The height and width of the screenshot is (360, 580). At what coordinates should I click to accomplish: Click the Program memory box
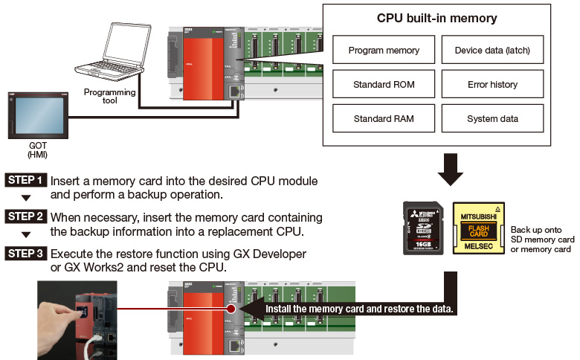[384, 51]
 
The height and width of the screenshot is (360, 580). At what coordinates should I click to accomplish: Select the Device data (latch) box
[492, 51]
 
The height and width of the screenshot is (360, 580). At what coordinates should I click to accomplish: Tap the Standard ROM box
[384, 85]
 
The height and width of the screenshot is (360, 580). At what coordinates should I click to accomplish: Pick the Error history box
[492, 85]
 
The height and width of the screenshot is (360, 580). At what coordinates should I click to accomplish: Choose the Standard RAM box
[384, 119]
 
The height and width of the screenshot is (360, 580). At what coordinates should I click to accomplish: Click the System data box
[492, 119]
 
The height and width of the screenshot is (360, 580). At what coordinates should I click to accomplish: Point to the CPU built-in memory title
[438, 18]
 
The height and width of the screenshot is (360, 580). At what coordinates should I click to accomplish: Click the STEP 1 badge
[27, 181]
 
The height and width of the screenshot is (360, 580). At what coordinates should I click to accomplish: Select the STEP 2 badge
[27, 217]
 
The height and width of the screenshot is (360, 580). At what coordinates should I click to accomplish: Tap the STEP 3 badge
[27, 254]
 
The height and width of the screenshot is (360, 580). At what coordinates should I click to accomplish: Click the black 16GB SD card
[423, 228]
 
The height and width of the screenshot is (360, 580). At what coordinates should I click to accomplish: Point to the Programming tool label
[99, 96]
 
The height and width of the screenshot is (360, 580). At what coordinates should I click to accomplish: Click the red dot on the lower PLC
[233, 308]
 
